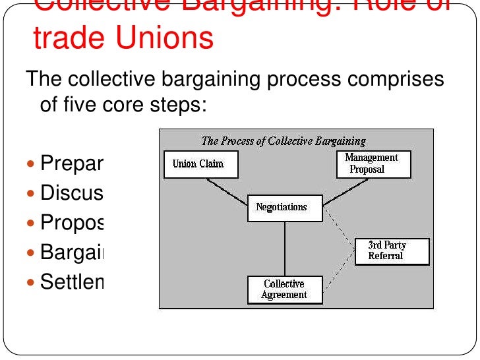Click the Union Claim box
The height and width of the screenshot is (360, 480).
click(x=198, y=164)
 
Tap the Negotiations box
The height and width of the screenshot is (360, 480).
click(x=285, y=208)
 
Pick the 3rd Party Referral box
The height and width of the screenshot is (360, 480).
click(x=392, y=251)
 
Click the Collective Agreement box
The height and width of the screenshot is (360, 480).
click(x=285, y=289)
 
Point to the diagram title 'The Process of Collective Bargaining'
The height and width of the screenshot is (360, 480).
click(x=284, y=140)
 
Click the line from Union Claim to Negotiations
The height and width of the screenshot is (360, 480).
click(x=227, y=193)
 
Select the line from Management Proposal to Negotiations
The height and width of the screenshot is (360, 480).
click(x=346, y=192)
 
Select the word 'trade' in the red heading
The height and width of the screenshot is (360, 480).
click(x=65, y=38)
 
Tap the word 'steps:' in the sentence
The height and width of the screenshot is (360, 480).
click(x=179, y=104)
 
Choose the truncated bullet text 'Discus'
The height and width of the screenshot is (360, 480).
click(x=72, y=193)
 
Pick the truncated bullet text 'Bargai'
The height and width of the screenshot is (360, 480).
click(x=72, y=253)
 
